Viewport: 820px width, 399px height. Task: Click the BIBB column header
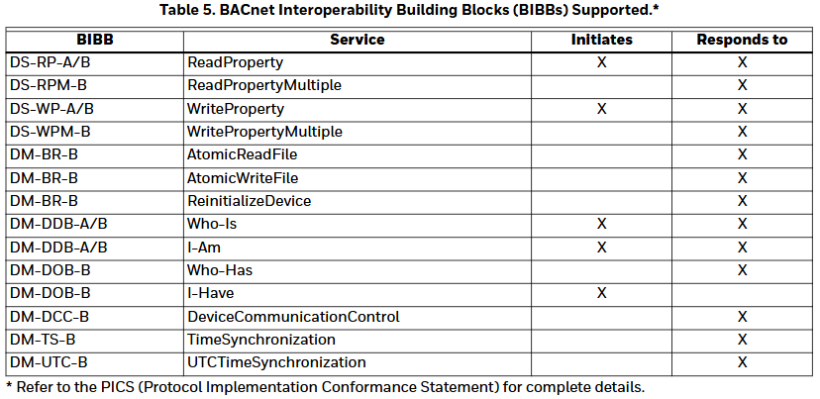95,40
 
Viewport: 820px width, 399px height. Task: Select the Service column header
358,40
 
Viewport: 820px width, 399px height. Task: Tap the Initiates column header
601,40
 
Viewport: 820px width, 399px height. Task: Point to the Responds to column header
742,41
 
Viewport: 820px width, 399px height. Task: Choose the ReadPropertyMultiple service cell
264,86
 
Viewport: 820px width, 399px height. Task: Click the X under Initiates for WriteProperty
601,109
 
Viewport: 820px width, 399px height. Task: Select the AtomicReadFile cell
242,154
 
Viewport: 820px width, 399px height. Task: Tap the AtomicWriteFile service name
243,178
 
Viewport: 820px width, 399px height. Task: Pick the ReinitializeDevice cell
249,201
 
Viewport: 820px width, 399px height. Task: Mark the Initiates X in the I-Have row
601,293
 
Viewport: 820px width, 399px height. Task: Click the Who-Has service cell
220,270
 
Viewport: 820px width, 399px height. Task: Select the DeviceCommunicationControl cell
293,317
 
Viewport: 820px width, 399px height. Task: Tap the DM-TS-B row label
43,340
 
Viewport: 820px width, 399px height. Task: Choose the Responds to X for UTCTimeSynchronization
742,362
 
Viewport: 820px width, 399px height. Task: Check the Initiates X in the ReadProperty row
601,62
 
